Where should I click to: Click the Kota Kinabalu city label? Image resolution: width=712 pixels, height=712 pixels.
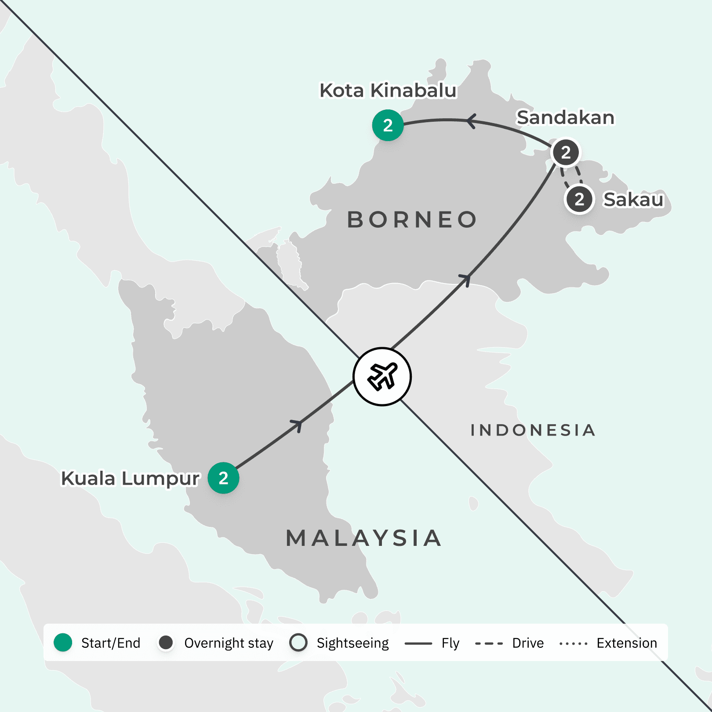pos(388,91)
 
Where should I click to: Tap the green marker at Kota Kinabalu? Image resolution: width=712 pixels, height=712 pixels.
pos(388,125)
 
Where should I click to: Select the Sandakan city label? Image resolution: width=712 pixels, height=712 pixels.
pos(565,117)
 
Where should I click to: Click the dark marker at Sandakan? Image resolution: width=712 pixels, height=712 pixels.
pos(566,152)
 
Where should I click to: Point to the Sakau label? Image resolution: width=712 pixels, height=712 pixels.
pos(633,200)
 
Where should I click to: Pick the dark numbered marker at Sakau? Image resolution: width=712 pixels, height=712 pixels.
pos(579,199)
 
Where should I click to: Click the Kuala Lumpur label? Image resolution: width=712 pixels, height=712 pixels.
pos(130,478)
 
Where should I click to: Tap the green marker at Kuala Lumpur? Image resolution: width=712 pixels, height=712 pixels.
pos(223,478)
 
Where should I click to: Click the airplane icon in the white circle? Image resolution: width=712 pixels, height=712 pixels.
pos(382,376)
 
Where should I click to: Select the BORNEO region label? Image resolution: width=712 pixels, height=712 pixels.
pos(412,220)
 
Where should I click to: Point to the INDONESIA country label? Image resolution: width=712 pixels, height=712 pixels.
pos(533,430)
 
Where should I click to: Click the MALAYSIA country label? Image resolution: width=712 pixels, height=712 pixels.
pos(363,538)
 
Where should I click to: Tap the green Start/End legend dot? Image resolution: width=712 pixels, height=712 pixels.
pos(63,643)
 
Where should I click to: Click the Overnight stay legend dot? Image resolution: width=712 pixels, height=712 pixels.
pos(166,643)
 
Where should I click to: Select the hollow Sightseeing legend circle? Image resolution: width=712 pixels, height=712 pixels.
pos(298,643)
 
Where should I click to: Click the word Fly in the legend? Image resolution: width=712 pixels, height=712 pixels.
pos(450,643)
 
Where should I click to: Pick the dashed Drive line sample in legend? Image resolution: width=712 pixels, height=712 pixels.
pos(489,643)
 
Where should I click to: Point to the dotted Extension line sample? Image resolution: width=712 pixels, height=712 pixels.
pos(573,643)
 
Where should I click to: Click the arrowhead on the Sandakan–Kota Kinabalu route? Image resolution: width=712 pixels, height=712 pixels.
pos(472,121)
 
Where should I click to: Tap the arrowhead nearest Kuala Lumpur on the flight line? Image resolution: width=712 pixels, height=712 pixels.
pos(298,425)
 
